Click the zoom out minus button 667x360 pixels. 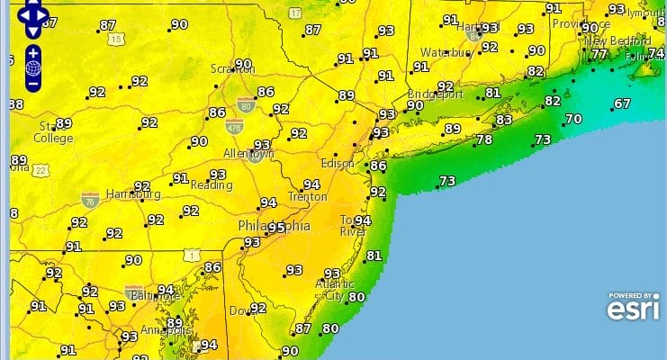33,84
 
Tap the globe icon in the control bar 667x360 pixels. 33,67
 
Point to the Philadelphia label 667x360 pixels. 274,226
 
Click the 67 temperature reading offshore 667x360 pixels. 622,103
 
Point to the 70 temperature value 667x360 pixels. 572,119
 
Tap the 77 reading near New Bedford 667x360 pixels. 599,55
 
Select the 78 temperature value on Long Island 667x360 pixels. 483,139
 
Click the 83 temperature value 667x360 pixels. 503,120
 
